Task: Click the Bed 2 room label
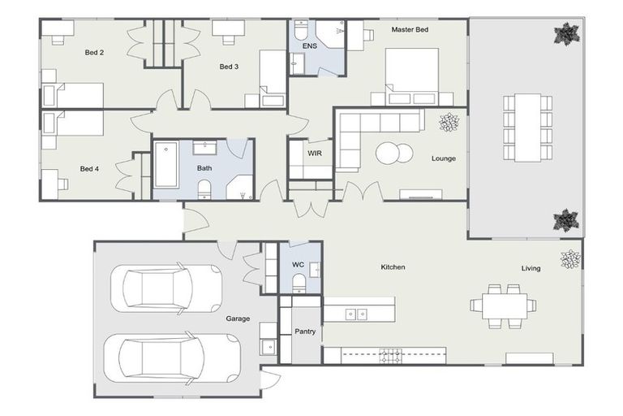coord(94,53)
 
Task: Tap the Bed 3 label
coord(229,67)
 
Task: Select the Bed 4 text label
coord(89,169)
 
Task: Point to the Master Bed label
coord(410,29)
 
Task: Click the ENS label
coord(310,46)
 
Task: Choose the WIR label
coord(315,152)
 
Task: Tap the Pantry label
coord(305,331)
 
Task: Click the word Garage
coord(238,318)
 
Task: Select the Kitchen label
coord(393,267)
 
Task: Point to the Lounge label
coord(443,158)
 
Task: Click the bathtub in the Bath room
coord(165,165)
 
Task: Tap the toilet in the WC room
coord(299,283)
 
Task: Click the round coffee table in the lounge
coord(393,154)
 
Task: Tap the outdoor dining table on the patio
coord(528,127)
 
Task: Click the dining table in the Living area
coord(503,305)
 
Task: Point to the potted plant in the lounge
coord(449,123)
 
